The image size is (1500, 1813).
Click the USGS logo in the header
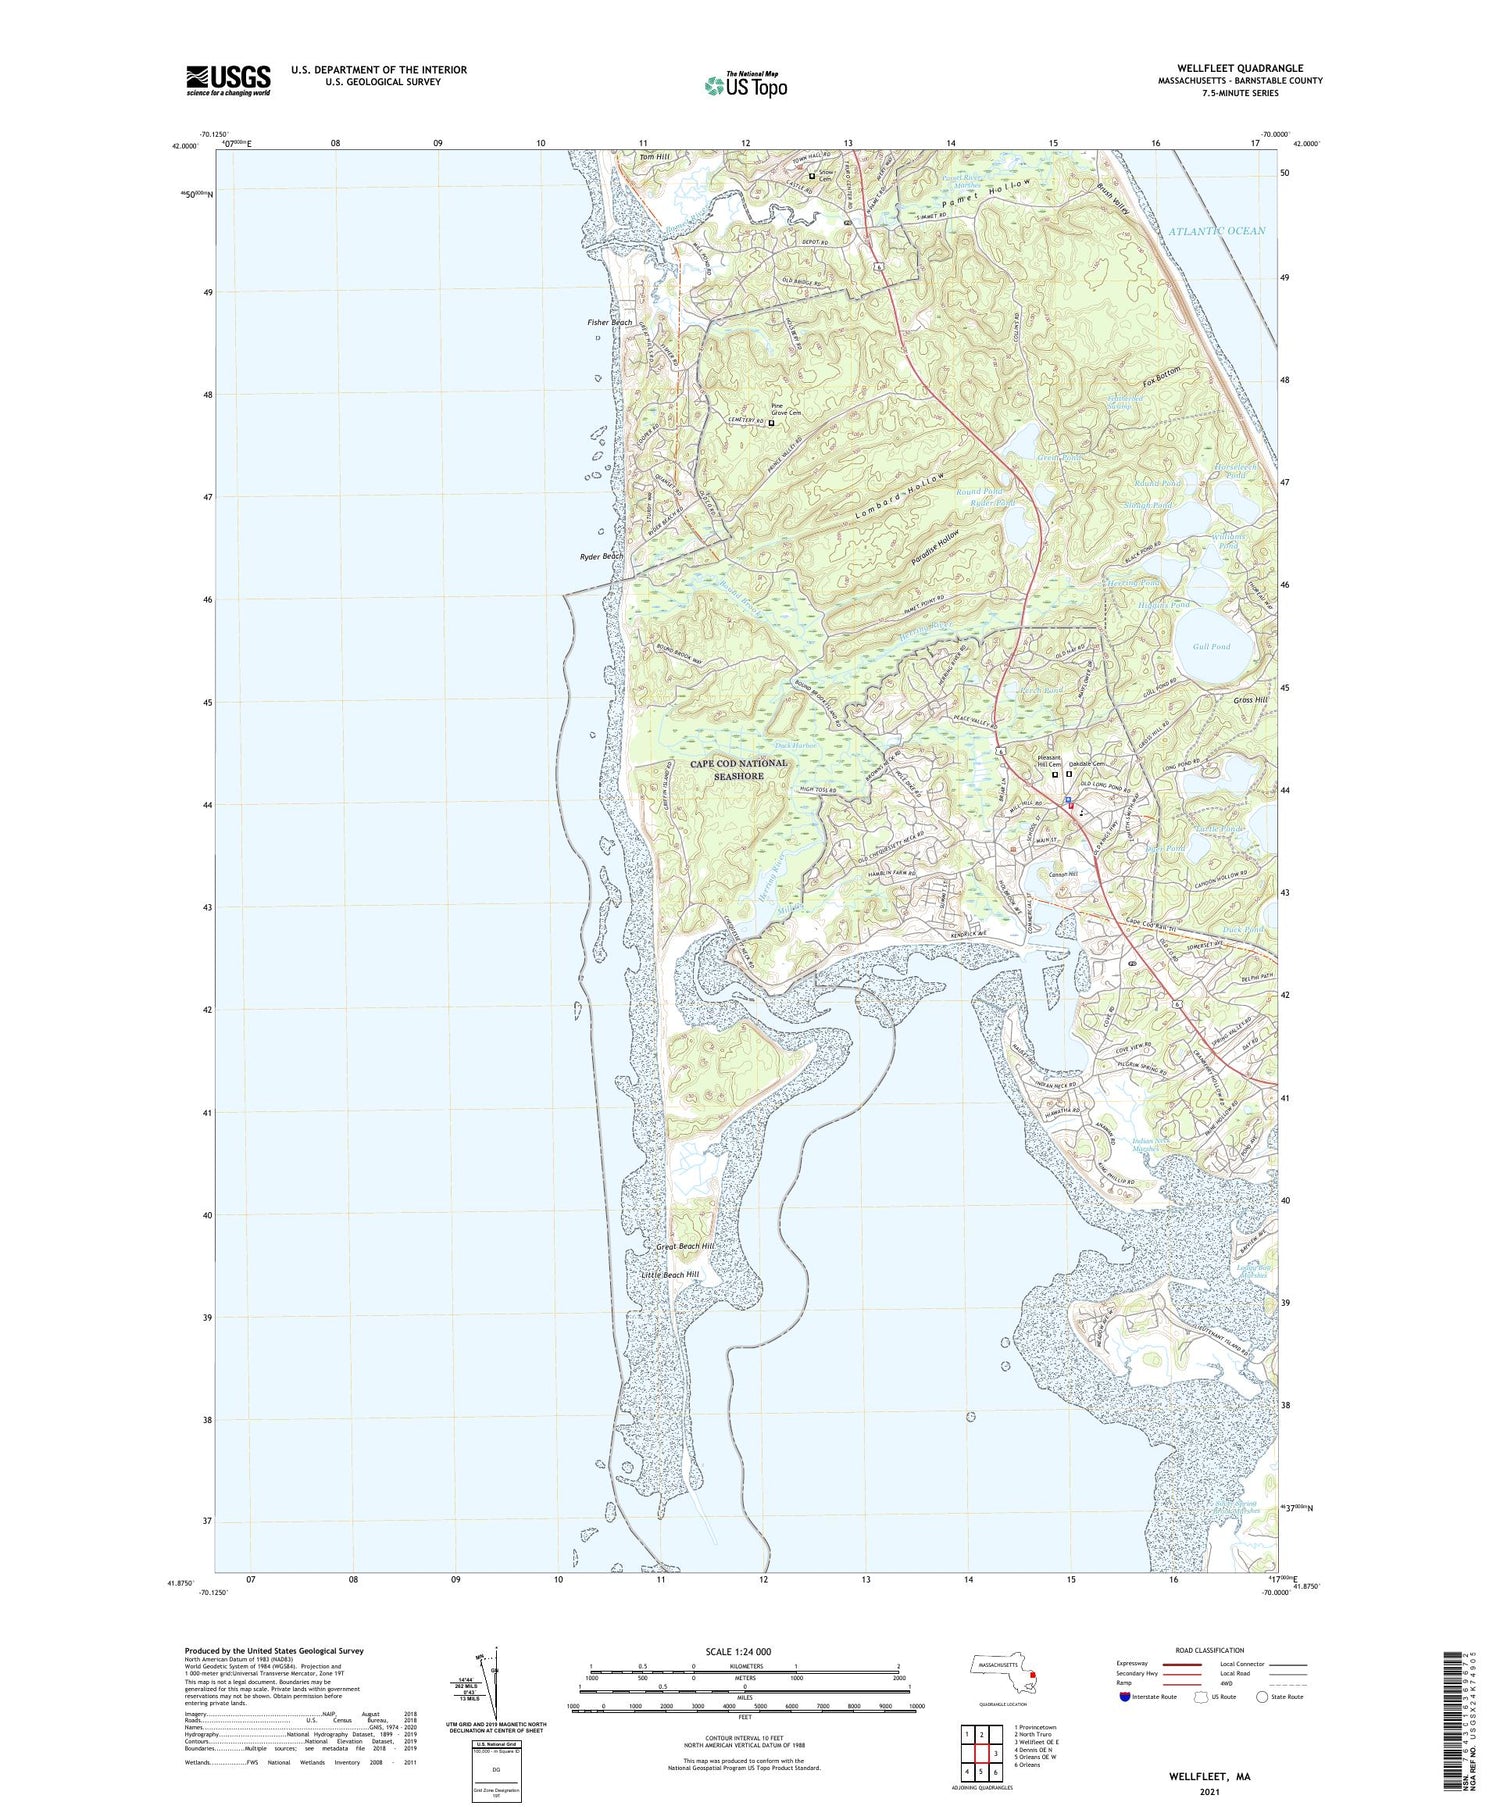click(228, 80)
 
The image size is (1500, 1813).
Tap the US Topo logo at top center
click(745, 85)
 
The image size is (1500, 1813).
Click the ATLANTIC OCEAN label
click(1216, 231)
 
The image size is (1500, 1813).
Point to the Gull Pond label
click(1211, 647)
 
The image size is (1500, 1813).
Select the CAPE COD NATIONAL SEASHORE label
click(739, 769)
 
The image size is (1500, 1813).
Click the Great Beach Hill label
click(685, 1247)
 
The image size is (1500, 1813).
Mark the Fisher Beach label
click(609, 322)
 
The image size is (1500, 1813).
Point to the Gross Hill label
click(1250, 700)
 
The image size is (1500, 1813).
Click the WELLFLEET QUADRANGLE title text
click(1240, 69)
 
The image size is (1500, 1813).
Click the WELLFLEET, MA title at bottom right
click(1209, 1777)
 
